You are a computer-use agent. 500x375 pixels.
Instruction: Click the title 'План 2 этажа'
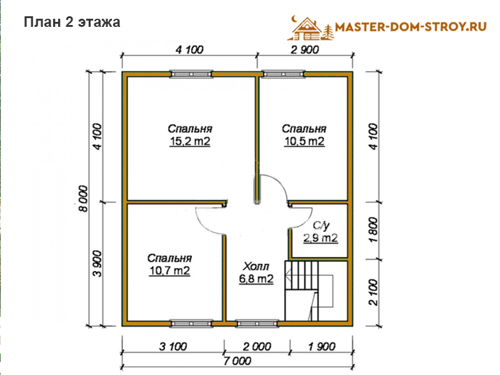tap(72, 22)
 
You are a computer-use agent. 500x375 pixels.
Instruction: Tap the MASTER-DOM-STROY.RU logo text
tap(411, 26)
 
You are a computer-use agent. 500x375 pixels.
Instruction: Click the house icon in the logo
tap(306, 29)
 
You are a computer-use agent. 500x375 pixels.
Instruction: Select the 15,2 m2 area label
tap(190, 141)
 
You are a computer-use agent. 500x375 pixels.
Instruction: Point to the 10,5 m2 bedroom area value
tap(304, 141)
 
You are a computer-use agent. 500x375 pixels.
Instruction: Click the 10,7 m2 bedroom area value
tap(169, 271)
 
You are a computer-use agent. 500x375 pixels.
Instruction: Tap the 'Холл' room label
tap(256, 266)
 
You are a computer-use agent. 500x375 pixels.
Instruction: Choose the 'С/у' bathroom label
tap(321, 226)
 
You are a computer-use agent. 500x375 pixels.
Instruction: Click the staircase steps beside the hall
tap(302, 276)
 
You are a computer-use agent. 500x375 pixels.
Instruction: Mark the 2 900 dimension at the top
tap(304, 50)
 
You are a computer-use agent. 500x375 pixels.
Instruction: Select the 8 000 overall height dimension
tap(83, 199)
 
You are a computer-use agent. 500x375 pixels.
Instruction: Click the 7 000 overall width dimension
tap(237, 361)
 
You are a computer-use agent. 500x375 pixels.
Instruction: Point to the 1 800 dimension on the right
tap(373, 230)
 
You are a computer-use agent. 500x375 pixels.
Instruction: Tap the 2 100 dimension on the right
tap(373, 292)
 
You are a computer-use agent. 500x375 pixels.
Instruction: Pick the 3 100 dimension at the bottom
tap(173, 346)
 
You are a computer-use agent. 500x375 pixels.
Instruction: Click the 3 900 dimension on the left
tap(97, 264)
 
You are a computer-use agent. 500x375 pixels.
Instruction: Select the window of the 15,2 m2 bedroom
tap(191, 74)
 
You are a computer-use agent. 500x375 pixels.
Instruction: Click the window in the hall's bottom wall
tap(257, 324)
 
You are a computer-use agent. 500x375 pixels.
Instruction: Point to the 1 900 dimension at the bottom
tap(322, 346)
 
